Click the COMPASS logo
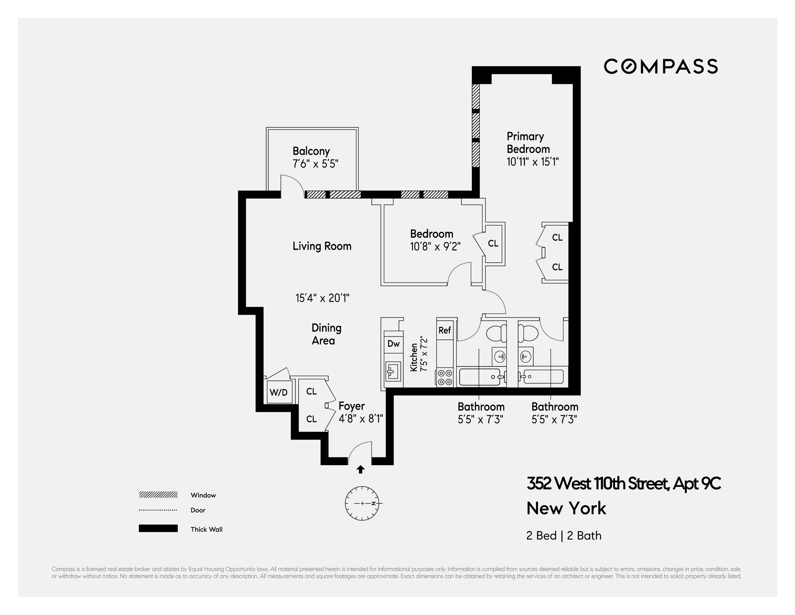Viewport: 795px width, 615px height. pos(661,67)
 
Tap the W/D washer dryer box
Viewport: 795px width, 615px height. pos(279,392)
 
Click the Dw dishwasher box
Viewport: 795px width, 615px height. pos(393,344)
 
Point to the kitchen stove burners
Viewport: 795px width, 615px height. pos(444,377)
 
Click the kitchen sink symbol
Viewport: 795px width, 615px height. pos(393,372)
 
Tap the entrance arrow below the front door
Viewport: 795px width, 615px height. pos(360,470)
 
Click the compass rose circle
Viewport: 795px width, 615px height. pos(362,503)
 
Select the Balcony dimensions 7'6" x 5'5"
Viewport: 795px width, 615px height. pos(315,164)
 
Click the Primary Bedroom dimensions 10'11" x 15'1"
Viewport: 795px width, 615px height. pos(532,161)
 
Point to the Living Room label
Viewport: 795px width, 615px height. pos(322,246)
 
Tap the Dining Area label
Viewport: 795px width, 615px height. pos(326,334)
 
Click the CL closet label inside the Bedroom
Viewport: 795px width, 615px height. pos(493,243)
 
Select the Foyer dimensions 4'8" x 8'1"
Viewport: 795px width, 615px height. pos(361,419)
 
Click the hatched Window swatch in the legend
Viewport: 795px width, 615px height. pos(158,495)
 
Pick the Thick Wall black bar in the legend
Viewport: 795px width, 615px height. pos(158,528)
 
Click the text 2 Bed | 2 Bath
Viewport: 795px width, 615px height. pos(564,536)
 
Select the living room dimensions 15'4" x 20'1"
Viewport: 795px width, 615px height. pos(322,298)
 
